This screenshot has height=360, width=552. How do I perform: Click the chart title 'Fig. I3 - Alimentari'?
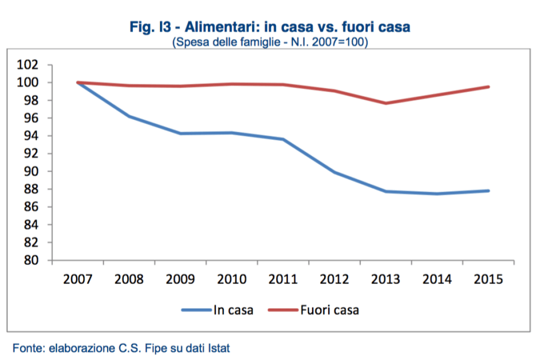pos(271,28)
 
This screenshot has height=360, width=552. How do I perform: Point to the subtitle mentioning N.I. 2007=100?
pos(271,43)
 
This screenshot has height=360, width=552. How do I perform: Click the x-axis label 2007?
pos(78,279)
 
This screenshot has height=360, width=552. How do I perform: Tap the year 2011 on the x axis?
pos(283,279)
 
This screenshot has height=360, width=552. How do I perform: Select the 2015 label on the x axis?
pos(488,279)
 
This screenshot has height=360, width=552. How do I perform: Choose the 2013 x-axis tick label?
pos(386,279)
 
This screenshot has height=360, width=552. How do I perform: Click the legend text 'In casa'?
pos(233,310)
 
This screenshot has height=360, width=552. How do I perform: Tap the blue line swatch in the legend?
pos(197,310)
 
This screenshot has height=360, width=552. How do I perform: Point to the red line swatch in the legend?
pos(283,310)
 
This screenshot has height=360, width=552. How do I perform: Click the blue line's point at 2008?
pos(129,116)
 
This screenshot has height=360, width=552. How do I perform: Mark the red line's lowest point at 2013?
pos(386,103)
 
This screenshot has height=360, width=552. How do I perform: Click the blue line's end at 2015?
pos(488,191)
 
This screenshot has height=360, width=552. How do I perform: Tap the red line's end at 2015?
pos(488,87)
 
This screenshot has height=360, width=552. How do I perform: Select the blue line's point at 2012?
pos(334,172)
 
